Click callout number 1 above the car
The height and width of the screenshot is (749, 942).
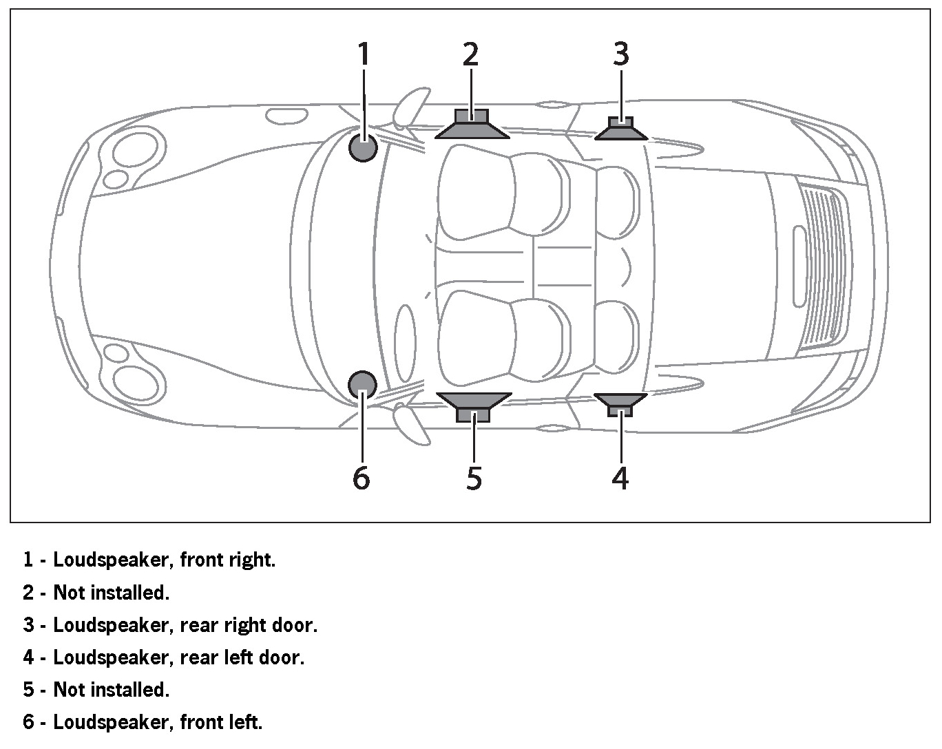point(364,54)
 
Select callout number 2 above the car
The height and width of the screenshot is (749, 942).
point(470,54)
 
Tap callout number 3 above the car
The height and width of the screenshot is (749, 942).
point(621,54)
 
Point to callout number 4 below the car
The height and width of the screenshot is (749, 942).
point(620,477)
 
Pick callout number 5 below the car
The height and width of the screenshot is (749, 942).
point(474,477)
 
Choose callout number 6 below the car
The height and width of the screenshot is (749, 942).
point(362,477)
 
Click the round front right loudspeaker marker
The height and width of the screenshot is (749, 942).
point(363,147)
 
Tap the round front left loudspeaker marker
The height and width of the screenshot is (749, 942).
point(362,384)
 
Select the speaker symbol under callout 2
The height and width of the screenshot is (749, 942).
point(472,125)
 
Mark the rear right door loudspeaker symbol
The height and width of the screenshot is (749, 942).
point(621,129)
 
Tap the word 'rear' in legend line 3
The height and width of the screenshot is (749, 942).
point(198,625)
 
